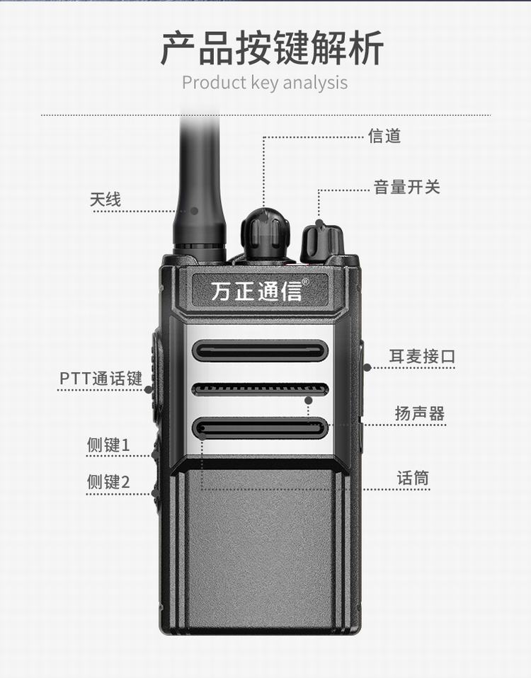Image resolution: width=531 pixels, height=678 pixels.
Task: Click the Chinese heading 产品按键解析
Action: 272,48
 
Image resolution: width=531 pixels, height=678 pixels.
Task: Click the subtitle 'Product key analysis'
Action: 265,83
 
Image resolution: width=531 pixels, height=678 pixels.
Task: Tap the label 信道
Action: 384,136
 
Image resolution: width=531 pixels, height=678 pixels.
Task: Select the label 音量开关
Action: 407,188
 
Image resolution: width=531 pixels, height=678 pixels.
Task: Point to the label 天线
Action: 105,200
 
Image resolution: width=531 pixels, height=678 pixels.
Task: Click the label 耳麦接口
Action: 422,356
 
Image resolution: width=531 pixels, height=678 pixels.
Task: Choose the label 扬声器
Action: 419,413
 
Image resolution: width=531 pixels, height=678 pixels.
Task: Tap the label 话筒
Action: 413,478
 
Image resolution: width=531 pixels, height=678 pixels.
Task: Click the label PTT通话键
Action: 101,379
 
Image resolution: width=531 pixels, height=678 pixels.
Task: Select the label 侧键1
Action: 108,445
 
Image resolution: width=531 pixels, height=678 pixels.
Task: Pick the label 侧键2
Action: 108,481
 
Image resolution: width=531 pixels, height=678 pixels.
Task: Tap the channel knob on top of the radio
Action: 265,234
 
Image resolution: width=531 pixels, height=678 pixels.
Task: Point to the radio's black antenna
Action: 200,186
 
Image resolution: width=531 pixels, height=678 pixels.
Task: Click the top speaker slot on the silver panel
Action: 259,350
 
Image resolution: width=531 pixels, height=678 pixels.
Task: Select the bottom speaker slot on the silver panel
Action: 259,428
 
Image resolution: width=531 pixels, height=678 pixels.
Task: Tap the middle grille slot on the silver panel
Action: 259,389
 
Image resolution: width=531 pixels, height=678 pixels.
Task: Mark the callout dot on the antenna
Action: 195,211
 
